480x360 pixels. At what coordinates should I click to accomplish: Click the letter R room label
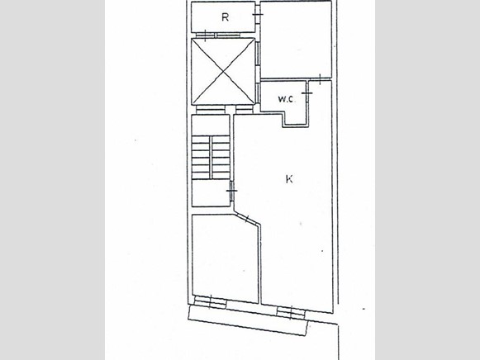225,17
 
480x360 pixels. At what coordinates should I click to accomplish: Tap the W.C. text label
286,100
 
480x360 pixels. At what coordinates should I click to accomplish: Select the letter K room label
288,178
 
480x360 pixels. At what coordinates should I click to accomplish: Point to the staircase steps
211,156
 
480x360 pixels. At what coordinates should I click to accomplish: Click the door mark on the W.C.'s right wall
307,96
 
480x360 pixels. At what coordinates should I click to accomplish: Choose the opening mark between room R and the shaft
205,36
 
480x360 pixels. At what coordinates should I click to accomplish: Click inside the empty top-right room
296,40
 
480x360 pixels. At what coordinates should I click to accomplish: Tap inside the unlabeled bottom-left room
224,256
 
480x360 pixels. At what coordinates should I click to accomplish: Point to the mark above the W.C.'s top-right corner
319,79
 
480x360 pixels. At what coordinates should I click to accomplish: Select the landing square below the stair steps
211,195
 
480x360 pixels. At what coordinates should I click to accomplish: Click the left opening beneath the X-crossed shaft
206,109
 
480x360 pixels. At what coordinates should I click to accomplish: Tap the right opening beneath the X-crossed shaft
243,109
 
